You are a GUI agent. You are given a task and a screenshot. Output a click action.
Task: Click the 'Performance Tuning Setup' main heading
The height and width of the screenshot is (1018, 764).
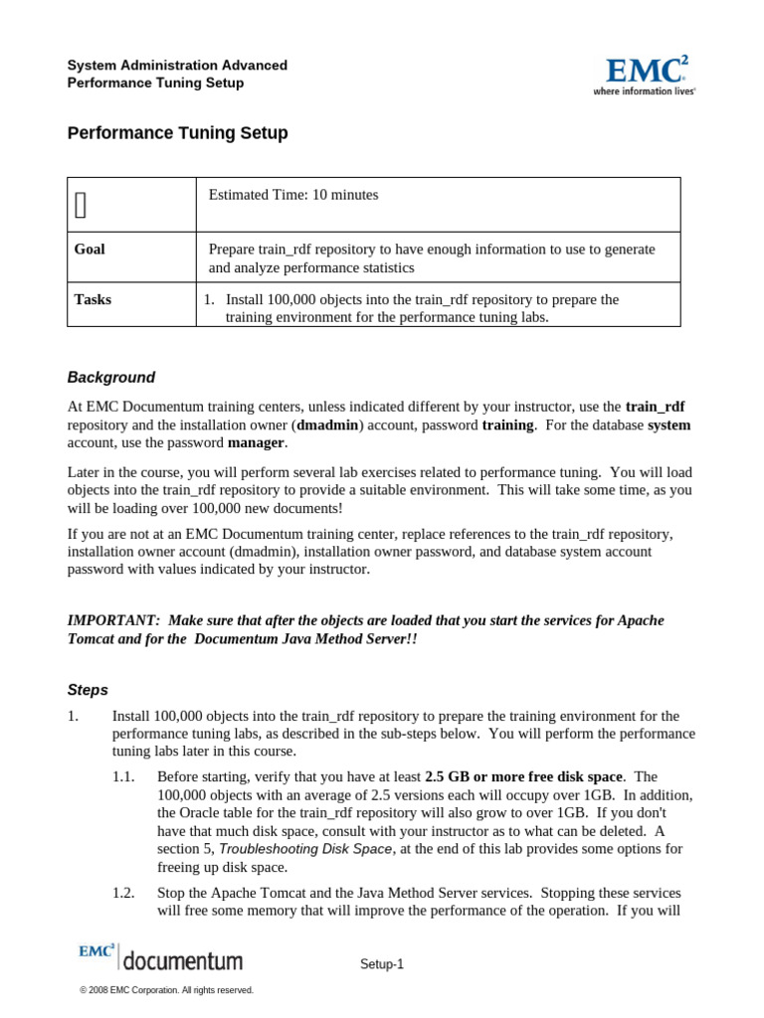pos(177,133)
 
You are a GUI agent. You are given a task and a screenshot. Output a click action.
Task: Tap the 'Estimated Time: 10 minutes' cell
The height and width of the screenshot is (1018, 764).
pos(293,196)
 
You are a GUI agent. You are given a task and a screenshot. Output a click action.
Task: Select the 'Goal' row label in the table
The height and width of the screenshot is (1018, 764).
pos(90,250)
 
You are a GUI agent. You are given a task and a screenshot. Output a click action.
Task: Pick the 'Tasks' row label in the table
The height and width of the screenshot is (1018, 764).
pos(93,299)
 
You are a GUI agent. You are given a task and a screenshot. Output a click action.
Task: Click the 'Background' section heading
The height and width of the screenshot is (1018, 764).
pos(111,378)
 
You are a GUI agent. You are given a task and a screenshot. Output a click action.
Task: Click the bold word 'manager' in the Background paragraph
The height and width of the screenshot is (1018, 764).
pos(256,442)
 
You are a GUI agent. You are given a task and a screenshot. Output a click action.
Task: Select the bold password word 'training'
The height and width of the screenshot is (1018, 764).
pos(507,425)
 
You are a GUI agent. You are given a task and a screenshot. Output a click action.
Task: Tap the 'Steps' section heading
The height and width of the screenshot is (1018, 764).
pos(88,690)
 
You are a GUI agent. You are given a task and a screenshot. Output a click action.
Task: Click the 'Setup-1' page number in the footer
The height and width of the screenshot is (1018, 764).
pos(382,963)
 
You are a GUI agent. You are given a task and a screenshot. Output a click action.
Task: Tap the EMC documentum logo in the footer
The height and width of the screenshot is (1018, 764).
pos(160,957)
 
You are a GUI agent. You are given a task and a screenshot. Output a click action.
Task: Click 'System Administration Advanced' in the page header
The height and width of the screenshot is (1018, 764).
pos(177,66)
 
